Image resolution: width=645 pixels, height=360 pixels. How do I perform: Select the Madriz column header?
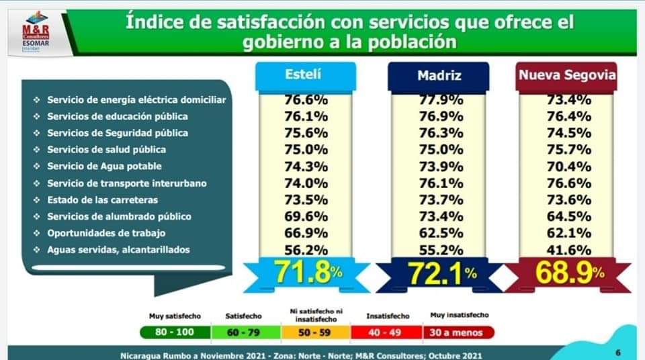pyautogui.click(x=439, y=75)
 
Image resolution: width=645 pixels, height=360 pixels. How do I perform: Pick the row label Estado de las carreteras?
pyautogui.click(x=102, y=199)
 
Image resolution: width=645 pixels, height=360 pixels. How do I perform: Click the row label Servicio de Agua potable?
pyautogui.click(x=104, y=166)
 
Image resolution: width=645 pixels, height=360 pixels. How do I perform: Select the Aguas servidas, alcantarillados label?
pyautogui.click(x=118, y=250)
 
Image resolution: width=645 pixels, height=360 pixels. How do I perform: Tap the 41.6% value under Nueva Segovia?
pyautogui.click(x=568, y=249)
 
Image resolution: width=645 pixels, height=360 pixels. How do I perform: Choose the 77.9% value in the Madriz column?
pyautogui.click(x=439, y=99)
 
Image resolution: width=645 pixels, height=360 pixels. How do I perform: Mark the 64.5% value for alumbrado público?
pyautogui.click(x=568, y=216)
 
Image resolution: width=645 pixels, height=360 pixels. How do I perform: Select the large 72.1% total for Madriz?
pyautogui.click(x=439, y=273)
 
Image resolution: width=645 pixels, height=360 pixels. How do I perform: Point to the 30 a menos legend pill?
pyautogui.click(x=459, y=332)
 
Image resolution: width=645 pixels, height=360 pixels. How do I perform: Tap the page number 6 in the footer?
pyautogui.click(x=617, y=353)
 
